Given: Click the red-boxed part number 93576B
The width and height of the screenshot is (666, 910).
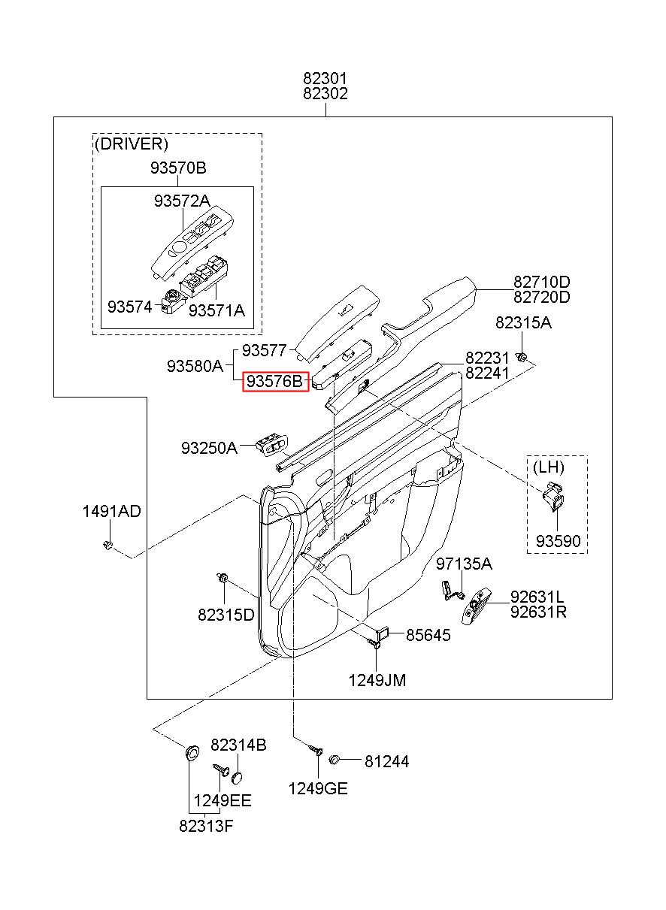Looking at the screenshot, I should [274, 382].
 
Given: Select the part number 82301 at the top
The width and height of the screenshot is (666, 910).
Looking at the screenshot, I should [325, 78].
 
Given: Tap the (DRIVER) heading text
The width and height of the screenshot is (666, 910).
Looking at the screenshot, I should [131, 143].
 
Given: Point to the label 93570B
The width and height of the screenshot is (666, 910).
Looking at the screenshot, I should [177, 168].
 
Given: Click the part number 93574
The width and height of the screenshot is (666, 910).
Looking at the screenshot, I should [130, 307].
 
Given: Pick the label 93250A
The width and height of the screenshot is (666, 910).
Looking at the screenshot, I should [208, 448].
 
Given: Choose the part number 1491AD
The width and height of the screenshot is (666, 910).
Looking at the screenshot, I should [111, 512].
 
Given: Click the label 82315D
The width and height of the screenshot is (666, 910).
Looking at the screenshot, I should [226, 615].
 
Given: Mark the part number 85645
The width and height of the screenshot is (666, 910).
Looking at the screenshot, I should [428, 636].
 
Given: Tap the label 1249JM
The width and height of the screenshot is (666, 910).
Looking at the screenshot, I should [377, 680].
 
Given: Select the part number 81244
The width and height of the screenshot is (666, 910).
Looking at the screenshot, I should [386, 761].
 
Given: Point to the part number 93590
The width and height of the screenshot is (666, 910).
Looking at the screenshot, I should [557, 541].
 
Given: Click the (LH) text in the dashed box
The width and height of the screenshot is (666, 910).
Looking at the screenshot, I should [548, 467].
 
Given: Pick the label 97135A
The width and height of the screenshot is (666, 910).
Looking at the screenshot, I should [464, 564].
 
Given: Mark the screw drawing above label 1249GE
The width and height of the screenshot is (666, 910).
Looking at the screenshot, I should [316, 750].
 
